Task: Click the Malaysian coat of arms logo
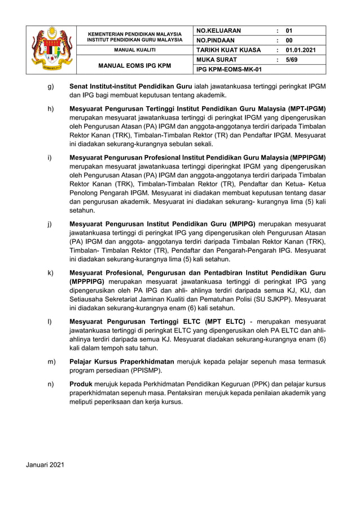coord(52,50)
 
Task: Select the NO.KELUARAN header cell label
coord(218,30)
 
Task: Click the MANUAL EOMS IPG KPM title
coord(135,65)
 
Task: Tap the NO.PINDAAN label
coord(215,40)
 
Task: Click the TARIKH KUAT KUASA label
coord(228,50)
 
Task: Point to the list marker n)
coord(50,384)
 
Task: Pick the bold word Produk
coord(81,384)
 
